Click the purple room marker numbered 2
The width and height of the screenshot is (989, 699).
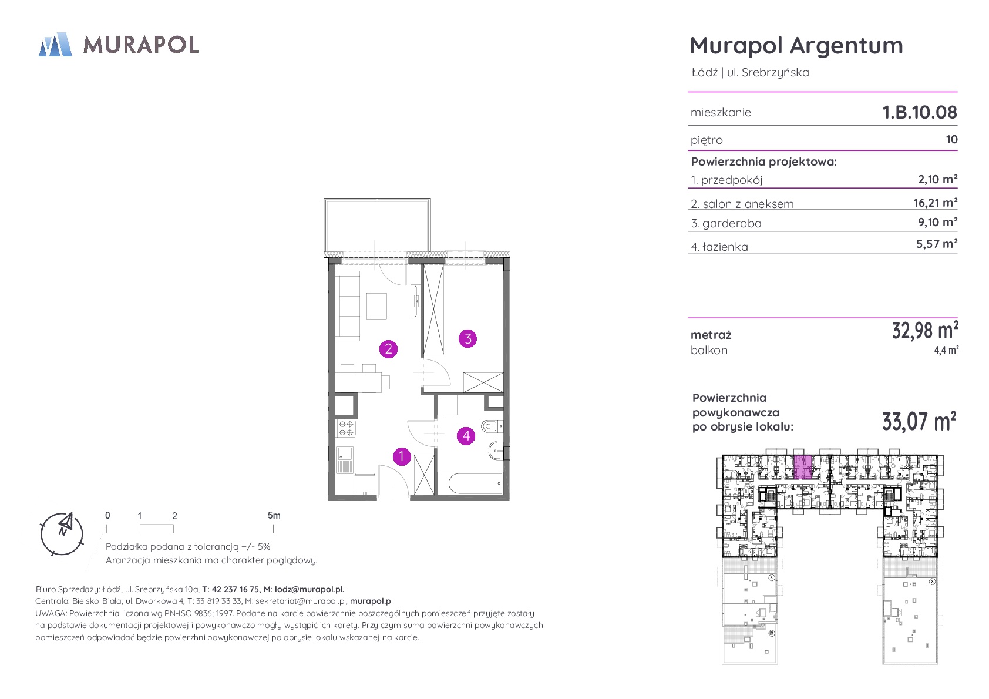click(x=389, y=349)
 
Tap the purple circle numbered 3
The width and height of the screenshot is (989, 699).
click(x=467, y=339)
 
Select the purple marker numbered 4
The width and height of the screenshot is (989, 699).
click(x=466, y=436)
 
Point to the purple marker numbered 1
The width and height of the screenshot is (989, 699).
click(x=402, y=456)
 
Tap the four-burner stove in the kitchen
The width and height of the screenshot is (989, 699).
click(x=346, y=428)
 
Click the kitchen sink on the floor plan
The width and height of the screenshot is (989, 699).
click(x=345, y=459)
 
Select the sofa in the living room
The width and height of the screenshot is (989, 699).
click(x=348, y=305)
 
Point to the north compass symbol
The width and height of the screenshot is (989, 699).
click(x=62, y=533)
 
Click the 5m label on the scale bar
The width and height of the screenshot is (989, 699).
click(x=274, y=515)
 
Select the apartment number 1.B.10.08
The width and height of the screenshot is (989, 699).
click(x=919, y=112)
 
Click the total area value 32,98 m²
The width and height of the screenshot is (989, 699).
click(x=925, y=330)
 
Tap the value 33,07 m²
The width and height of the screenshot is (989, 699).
click(x=919, y=421)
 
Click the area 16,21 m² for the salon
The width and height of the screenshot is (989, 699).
click(x=935, y=203)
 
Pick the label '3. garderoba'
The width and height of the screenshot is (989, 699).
click(x=726, y=223)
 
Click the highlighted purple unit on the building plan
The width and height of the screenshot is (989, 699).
click(x=803, y=467)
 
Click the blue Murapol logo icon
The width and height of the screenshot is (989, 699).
click(x=55, y=44)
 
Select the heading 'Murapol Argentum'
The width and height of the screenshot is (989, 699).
click(x=796, y=45)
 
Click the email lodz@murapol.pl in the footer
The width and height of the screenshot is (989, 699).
click(x=309, y=589)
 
